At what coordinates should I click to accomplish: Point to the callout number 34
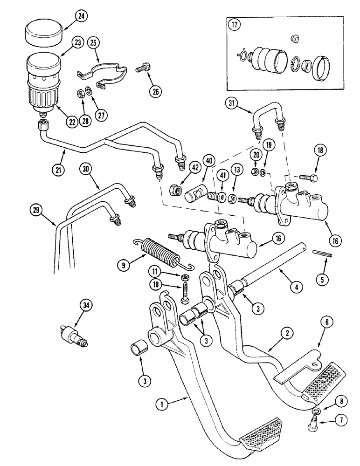coord(85,306)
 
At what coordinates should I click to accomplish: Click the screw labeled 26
coord(142,69)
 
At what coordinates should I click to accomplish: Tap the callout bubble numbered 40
coord(208,161)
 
